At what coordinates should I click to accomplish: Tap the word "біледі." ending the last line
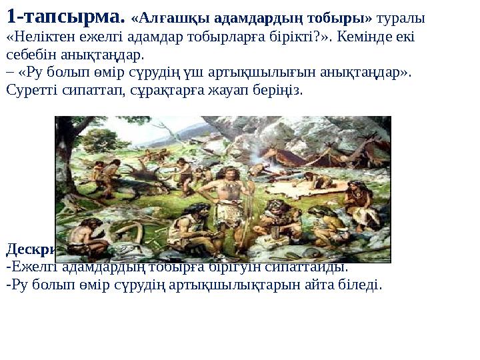point(363,285)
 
